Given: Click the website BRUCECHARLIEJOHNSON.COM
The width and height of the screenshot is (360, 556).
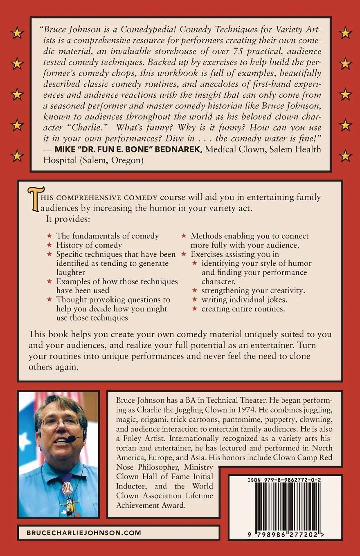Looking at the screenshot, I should [83, 533].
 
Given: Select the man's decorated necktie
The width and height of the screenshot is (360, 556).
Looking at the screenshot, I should [67, 493].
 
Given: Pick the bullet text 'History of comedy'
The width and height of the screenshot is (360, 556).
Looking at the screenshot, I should [89, 245].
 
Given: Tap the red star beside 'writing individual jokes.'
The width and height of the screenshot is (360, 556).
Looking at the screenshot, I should [195, 300].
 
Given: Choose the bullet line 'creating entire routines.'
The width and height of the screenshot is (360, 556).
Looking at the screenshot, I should [243, 309].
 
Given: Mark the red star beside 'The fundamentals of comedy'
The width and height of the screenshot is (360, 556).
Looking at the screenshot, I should [49, 236].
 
